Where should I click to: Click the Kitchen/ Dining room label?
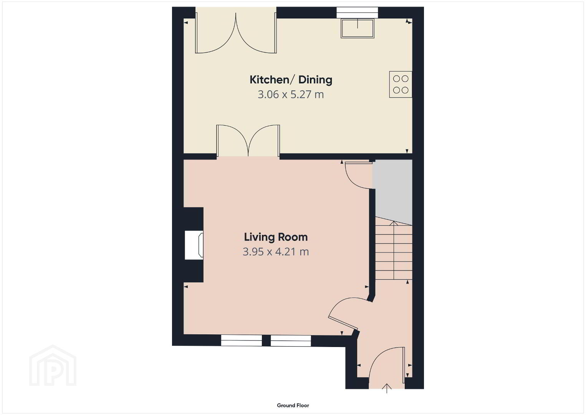(x=291, y=80)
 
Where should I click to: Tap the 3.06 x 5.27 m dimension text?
(x=291, y=94)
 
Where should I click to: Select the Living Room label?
(x=276, y=237)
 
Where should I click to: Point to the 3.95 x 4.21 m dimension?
(x=276, y=252)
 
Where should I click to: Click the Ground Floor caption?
(x=293, y=405)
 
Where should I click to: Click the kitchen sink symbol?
(x=358, y=28)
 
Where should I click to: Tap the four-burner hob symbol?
(x=401, y=84)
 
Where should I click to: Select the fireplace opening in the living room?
(x=194, y=245)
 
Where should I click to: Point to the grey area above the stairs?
(x=392, y=191)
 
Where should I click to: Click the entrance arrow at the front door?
(x=387, y=388)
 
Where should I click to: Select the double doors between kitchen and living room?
(x=248, y=141)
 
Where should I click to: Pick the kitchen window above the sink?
(x=357, y=13)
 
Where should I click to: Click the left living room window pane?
(x=241, y=340)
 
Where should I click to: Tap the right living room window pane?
(x=291, y=340)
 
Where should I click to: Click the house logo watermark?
(x=53, y=365)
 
